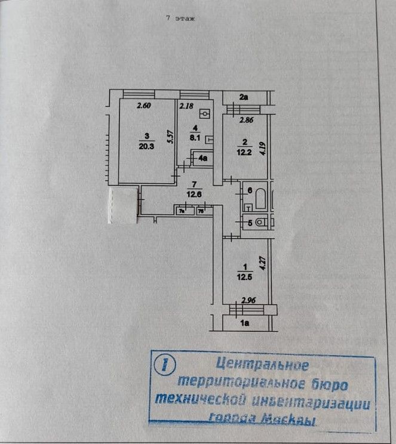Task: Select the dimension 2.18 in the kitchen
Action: coord(186,106)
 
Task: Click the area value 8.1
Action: coord(194,136)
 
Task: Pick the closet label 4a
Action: coord(203,158)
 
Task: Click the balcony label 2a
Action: coord(243,96)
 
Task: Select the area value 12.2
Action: coord(245,152)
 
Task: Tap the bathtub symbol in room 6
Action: coord(260,199)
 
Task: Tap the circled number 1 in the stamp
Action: coord(162,365)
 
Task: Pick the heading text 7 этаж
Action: coord(181,18)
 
